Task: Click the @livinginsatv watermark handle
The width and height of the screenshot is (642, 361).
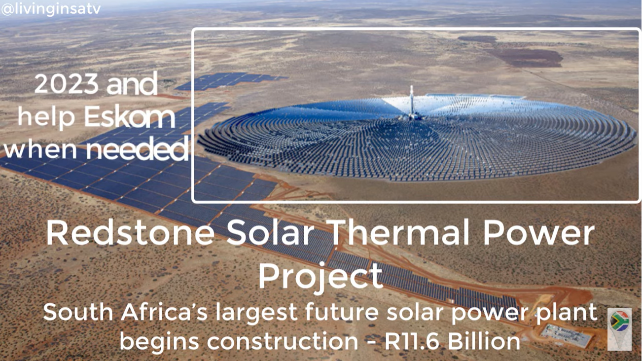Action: click(51, 9)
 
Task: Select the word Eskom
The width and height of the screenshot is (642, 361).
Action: click(130, 117)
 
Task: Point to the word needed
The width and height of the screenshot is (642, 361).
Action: click(137, 149)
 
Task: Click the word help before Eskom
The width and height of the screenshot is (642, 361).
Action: click(46, 117)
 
